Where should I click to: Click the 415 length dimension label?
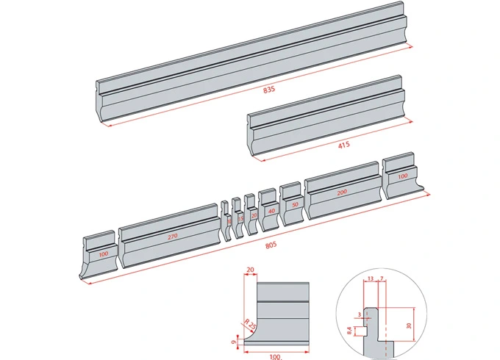pyautogui.click(x=343, y=145)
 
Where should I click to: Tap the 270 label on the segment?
pyautogui.click(x=172, y=237)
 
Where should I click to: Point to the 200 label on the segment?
pyautogui.click(x=341, y=192)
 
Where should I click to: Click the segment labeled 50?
pyautogui.click(x=294, y=204)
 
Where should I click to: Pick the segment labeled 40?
pyautogui.click(x=271, y=210)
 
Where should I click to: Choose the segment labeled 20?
pyautogui.click(x=254, y=215)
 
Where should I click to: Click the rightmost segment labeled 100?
pyautogui.click(x=401, y=177)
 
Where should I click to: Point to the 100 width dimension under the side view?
pyautogui.click(x=274, y=356)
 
